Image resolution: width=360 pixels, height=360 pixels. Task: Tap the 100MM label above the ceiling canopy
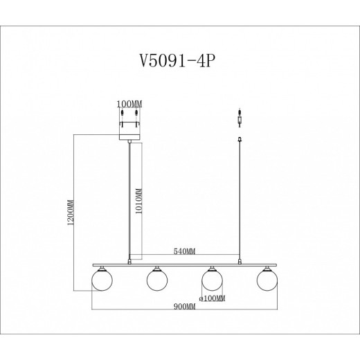coord(129,105)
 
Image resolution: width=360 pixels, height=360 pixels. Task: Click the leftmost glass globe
coord(102,281)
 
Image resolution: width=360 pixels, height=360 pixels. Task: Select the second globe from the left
coord(156,281)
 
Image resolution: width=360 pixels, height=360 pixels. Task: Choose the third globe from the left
coord(211,281)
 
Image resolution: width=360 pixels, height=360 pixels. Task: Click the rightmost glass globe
coord(266,281)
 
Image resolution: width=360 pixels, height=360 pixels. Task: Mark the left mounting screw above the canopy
coord(123,114)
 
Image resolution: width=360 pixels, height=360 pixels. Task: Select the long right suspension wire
coord(240,201)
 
